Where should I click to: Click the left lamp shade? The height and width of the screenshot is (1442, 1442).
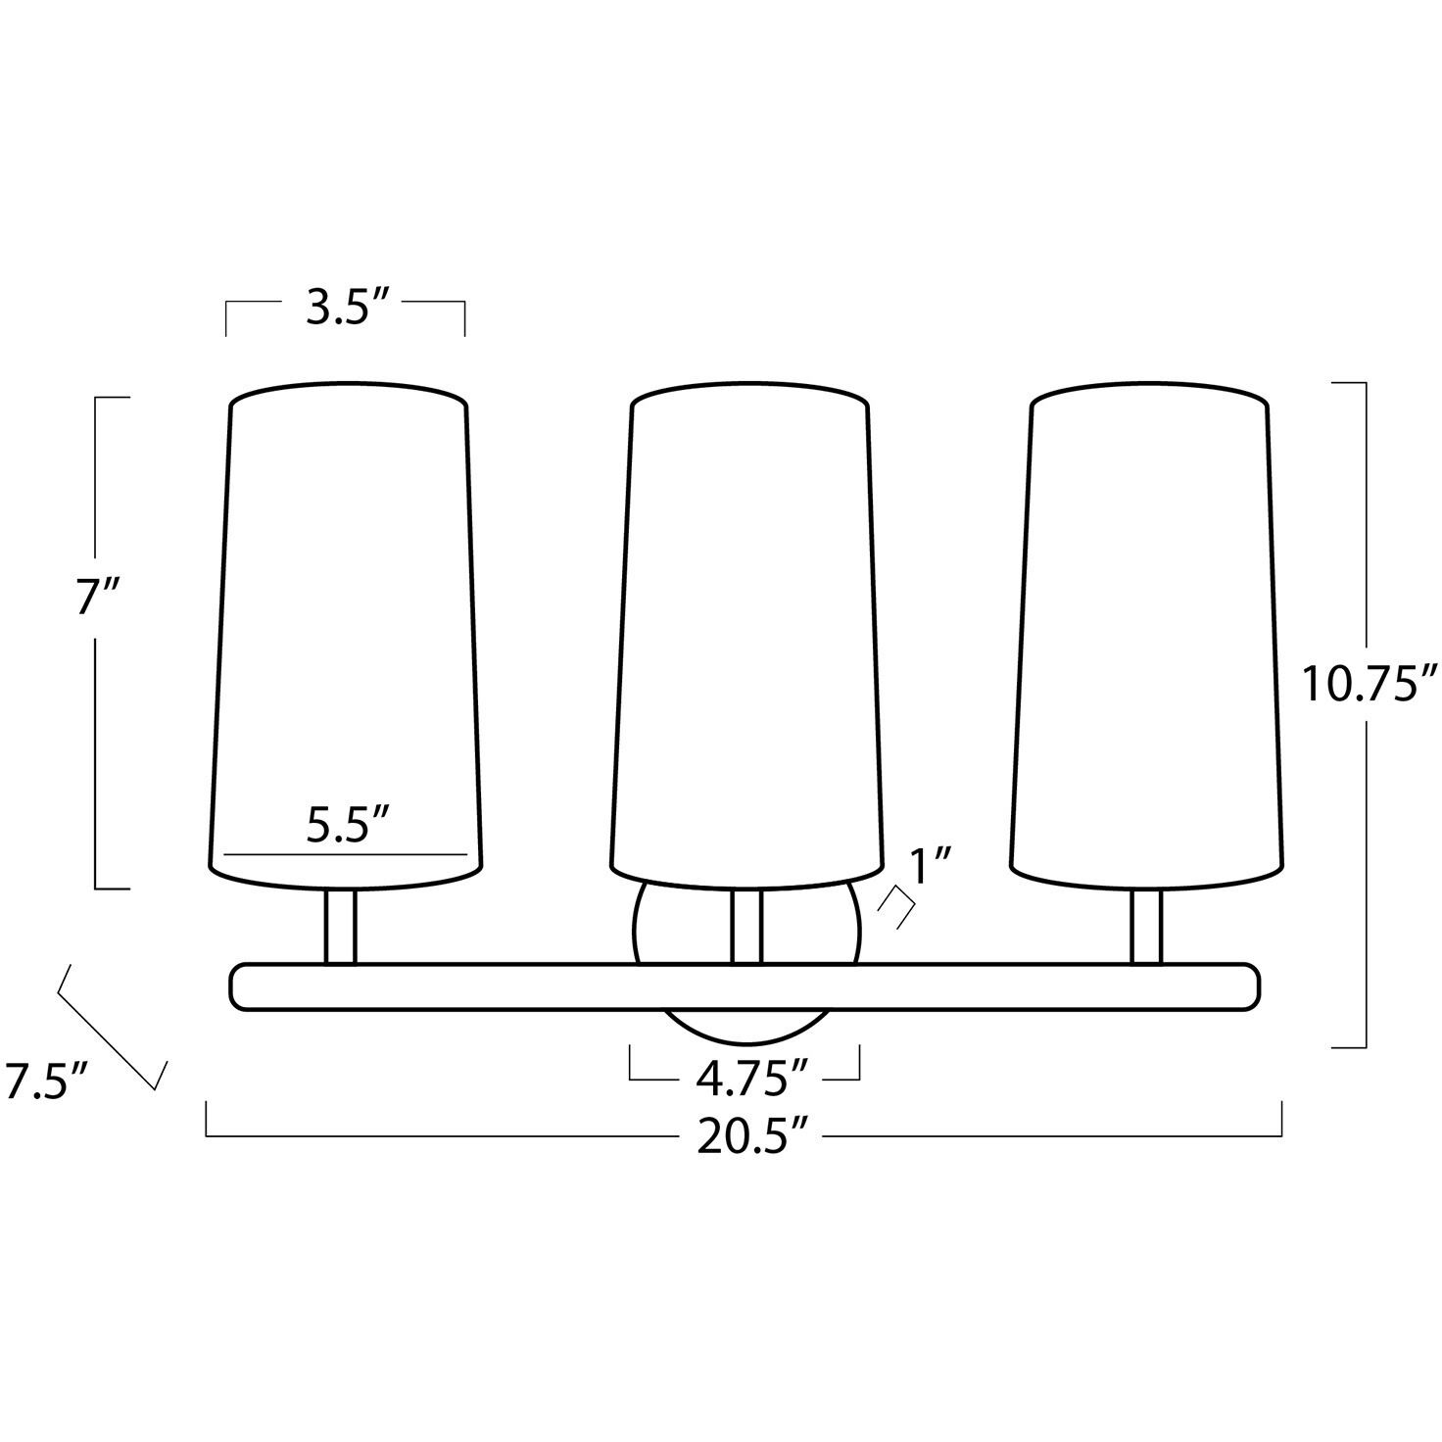coord(347,627)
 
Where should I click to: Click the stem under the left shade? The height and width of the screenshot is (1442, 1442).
coord(340,927)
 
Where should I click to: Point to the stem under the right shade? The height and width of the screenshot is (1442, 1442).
coord(1146,927)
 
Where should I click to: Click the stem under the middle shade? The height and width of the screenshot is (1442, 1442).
coord(746,927)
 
